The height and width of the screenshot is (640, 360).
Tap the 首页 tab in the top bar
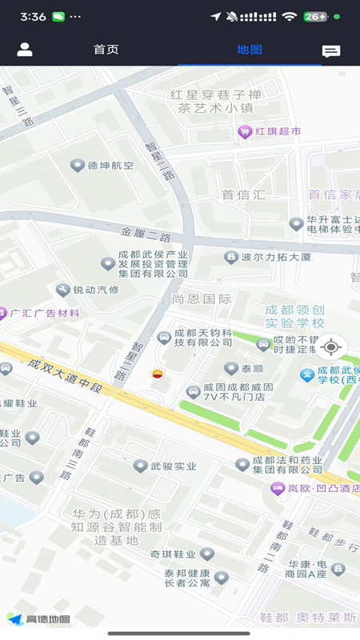coord(106,50)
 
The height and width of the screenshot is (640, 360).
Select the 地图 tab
coord(250,50)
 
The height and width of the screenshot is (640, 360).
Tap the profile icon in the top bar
coord(25,50)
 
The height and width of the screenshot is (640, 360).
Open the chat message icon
coord(330,51)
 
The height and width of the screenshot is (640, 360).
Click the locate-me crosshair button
coord(331,347)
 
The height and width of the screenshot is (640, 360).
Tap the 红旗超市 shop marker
coord(246,132)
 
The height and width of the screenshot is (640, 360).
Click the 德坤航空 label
coord(110,166)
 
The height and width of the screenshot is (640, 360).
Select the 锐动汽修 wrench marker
coord(63,290)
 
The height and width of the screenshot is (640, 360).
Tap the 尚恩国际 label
coord(202,298)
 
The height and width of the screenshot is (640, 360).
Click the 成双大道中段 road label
coord(66,376)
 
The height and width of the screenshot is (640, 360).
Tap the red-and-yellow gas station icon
coord(158,374)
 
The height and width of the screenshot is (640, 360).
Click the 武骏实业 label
coord(174,466)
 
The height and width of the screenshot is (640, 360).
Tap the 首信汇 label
coord(243,194)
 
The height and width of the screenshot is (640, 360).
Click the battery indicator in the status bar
coord(316,16)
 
